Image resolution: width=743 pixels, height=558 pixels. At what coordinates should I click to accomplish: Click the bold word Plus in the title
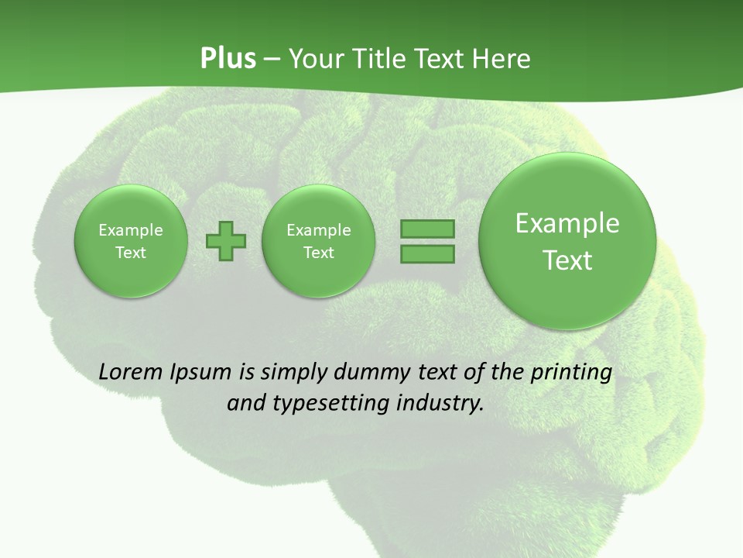(x=228, y=59)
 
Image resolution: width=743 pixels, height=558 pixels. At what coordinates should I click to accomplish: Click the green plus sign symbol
(x=226, y=240)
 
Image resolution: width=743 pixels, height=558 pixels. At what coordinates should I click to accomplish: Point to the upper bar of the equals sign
(x=427, y=229)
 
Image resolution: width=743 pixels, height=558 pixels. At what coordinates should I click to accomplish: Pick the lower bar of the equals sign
(x=427, y=253)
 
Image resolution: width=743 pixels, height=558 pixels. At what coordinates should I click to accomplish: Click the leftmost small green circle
(x=131, y=240)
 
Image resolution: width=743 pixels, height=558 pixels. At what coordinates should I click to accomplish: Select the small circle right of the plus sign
(x=319, y=240)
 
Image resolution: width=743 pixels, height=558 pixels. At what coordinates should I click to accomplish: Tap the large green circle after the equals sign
(x=567, y=241)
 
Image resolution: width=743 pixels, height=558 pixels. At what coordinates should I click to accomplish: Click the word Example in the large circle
(x=567, y=223)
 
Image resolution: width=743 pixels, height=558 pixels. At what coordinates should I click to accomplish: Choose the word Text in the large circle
(x=567, y=260)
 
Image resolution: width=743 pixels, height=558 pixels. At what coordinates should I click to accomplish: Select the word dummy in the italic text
(x=365, y=373)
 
